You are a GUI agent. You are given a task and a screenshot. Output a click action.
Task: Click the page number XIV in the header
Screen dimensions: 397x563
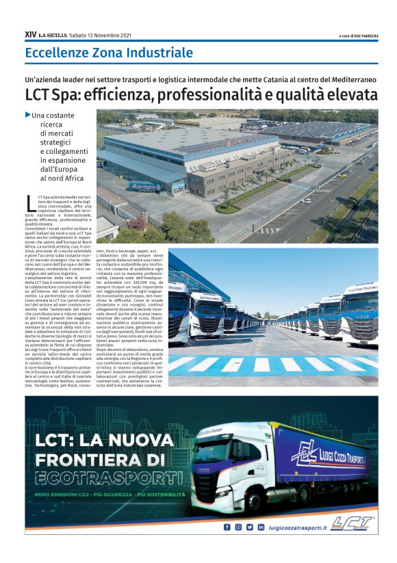click(x=30, y=34)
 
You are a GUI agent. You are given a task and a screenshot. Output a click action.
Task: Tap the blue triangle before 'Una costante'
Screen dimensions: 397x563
click(x=27, y=114)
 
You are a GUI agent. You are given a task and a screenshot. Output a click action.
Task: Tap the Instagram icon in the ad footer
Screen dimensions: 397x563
click(x=238, y=527)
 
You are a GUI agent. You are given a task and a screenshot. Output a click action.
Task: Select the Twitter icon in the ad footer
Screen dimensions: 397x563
click(x=249, y=527)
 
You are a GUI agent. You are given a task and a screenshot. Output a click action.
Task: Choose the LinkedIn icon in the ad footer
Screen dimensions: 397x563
click(x=261, y=527)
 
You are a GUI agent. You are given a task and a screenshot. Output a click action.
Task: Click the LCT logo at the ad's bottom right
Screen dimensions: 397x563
click(x=352, y=524)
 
